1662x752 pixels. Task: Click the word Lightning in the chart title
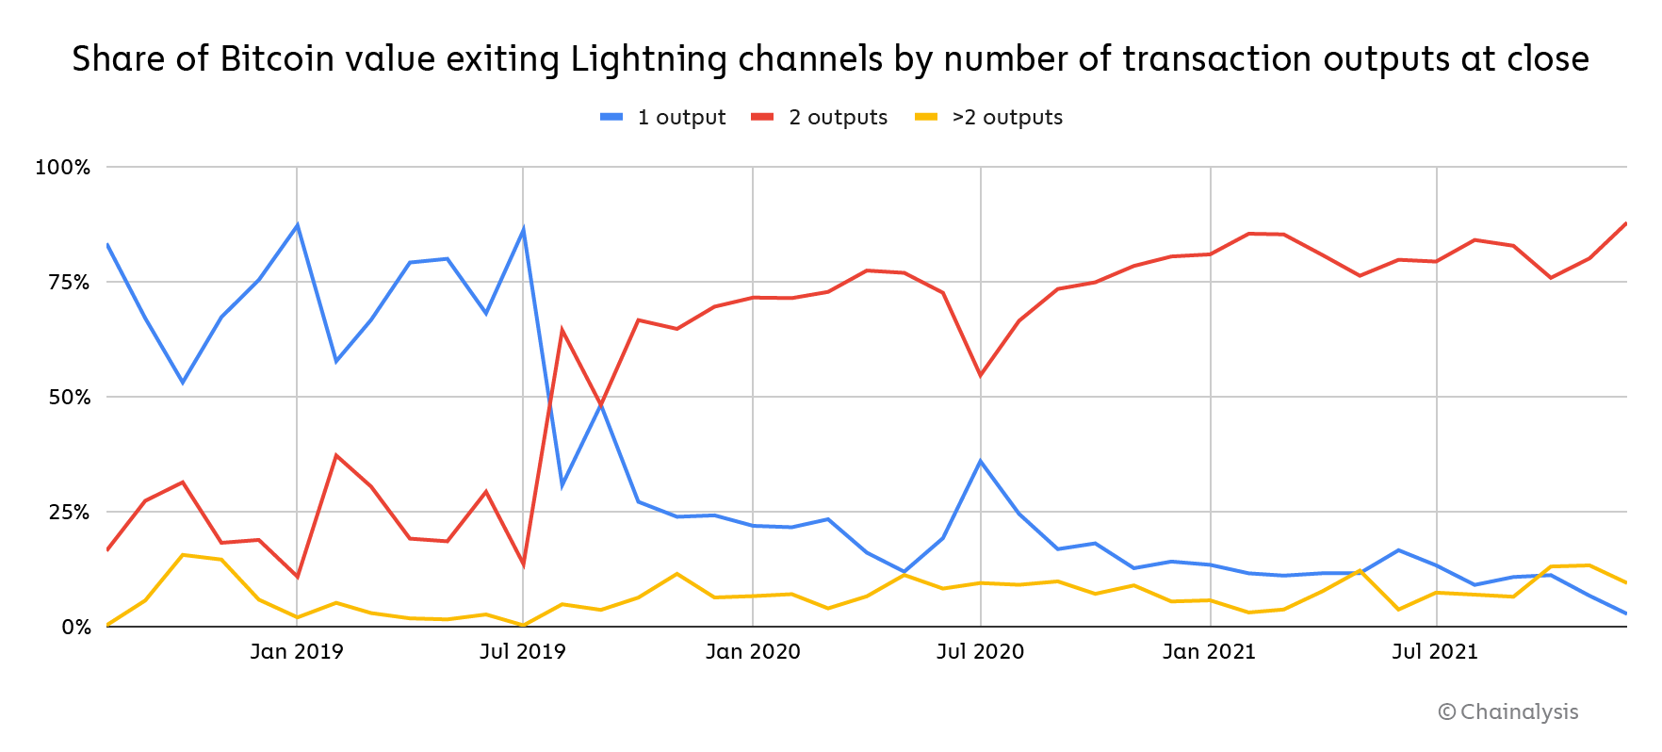[x=648, y=59]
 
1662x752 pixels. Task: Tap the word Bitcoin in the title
[x=277, y=59]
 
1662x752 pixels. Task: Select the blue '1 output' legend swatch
[x=611, y=117]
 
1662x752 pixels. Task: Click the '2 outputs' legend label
[x=838, y=117]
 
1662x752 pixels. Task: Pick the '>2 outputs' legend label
[x=1007, y=117]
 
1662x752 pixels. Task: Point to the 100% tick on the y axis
[x=62, y=168]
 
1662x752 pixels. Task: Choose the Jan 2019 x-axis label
[x=297, y=652]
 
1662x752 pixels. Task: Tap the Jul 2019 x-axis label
[x=523, y=652]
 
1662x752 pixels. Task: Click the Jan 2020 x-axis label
[x=753, y=652]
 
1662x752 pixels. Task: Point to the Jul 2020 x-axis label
[x=980, y=652]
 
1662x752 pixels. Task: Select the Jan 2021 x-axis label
[x=1209, y=652]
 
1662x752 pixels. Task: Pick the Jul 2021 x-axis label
[x=1435, y=652]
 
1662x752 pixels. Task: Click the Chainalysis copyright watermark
[x=1508, y=712]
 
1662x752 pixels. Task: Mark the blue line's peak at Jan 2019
[x=298, y=224]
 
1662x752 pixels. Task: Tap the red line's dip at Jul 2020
[x=981, y=376]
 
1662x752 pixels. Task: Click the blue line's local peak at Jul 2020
[x=981, y=461]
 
